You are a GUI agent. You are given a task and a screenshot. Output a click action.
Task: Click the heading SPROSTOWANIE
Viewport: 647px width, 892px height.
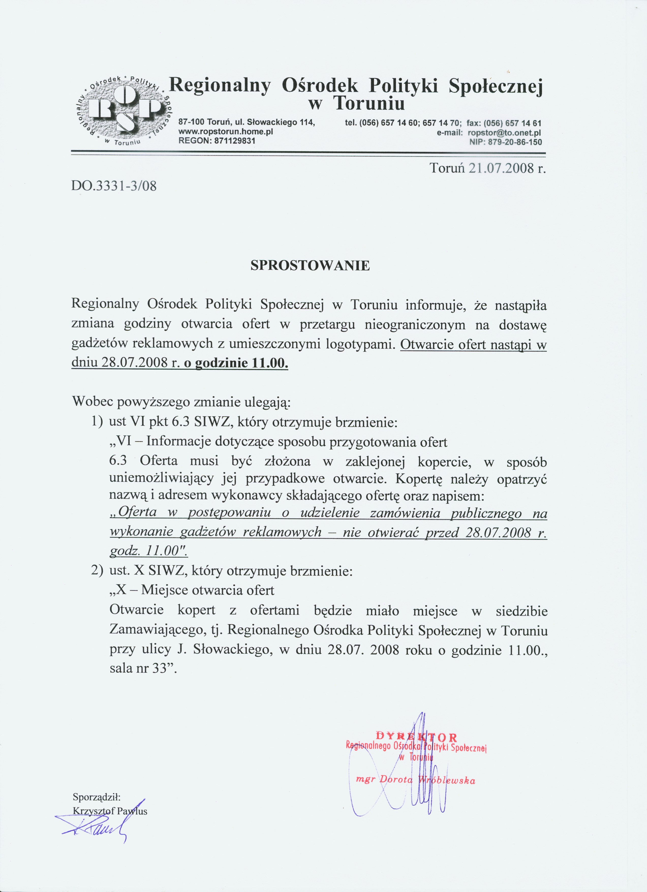coord(310,266)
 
